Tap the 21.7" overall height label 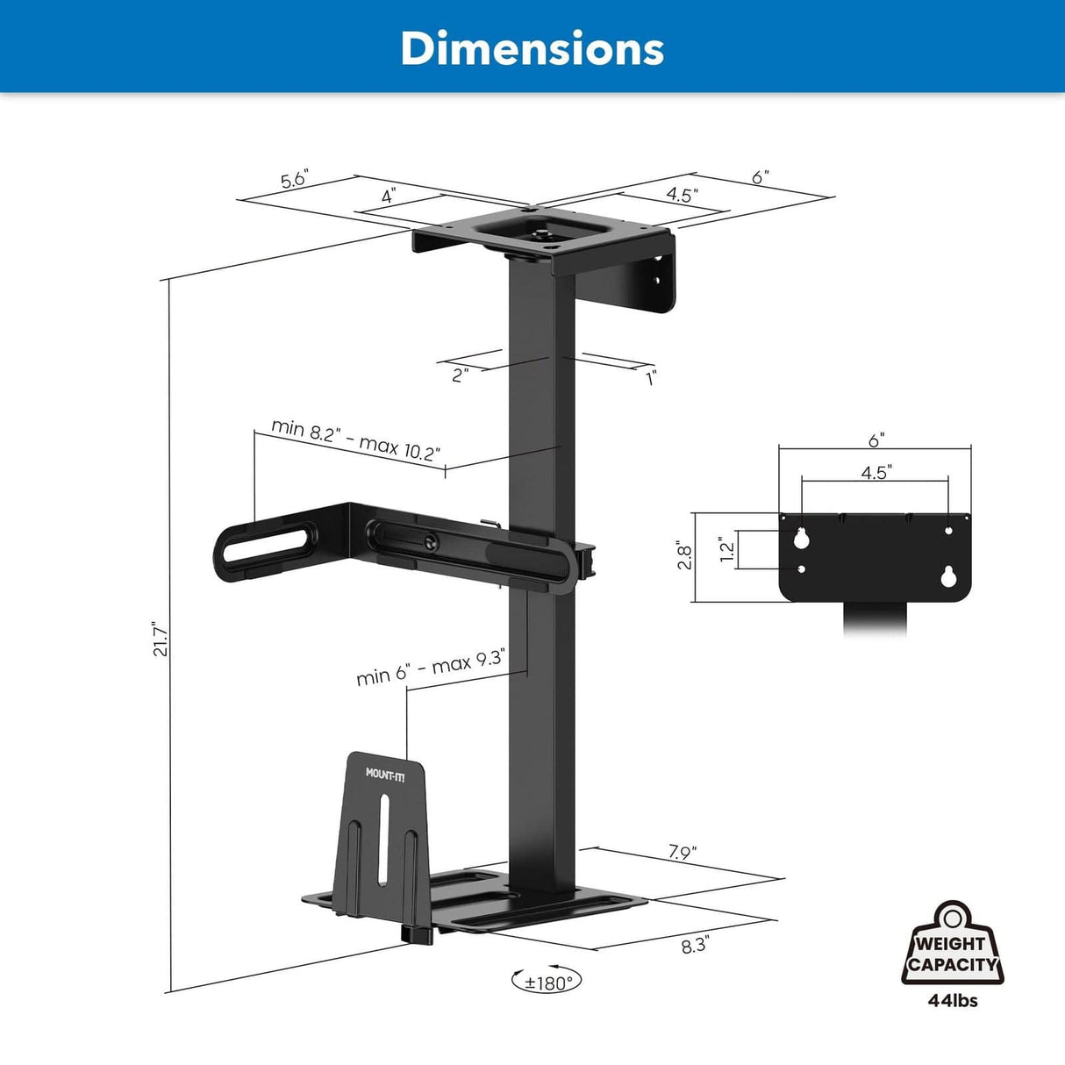pos(160,640)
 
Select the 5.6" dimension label pos(295,180)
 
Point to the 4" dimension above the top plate pos(388,197)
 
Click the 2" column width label pos(460,375)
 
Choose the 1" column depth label pos(651,378)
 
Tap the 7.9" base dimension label pos(682,852)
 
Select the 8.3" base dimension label pos(695,947)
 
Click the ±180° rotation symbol pos(547,982)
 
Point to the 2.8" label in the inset pos(684,557)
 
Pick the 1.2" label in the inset pos(726,551)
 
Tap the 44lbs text pos(953,1000)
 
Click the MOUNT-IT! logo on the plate pos(385,773)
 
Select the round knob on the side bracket pos(431,543)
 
